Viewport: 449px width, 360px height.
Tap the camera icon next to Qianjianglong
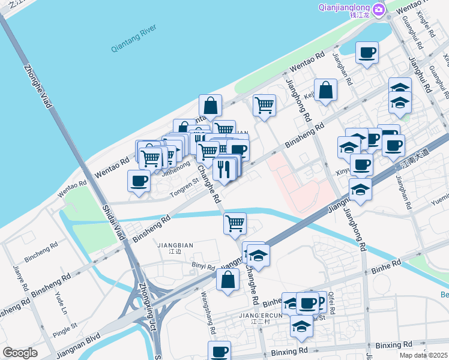[378, 10]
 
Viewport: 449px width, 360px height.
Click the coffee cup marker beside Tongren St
[139, 181]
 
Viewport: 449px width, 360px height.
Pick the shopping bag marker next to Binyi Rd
[228, 280]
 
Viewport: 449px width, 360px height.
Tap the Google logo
[20, 353]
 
